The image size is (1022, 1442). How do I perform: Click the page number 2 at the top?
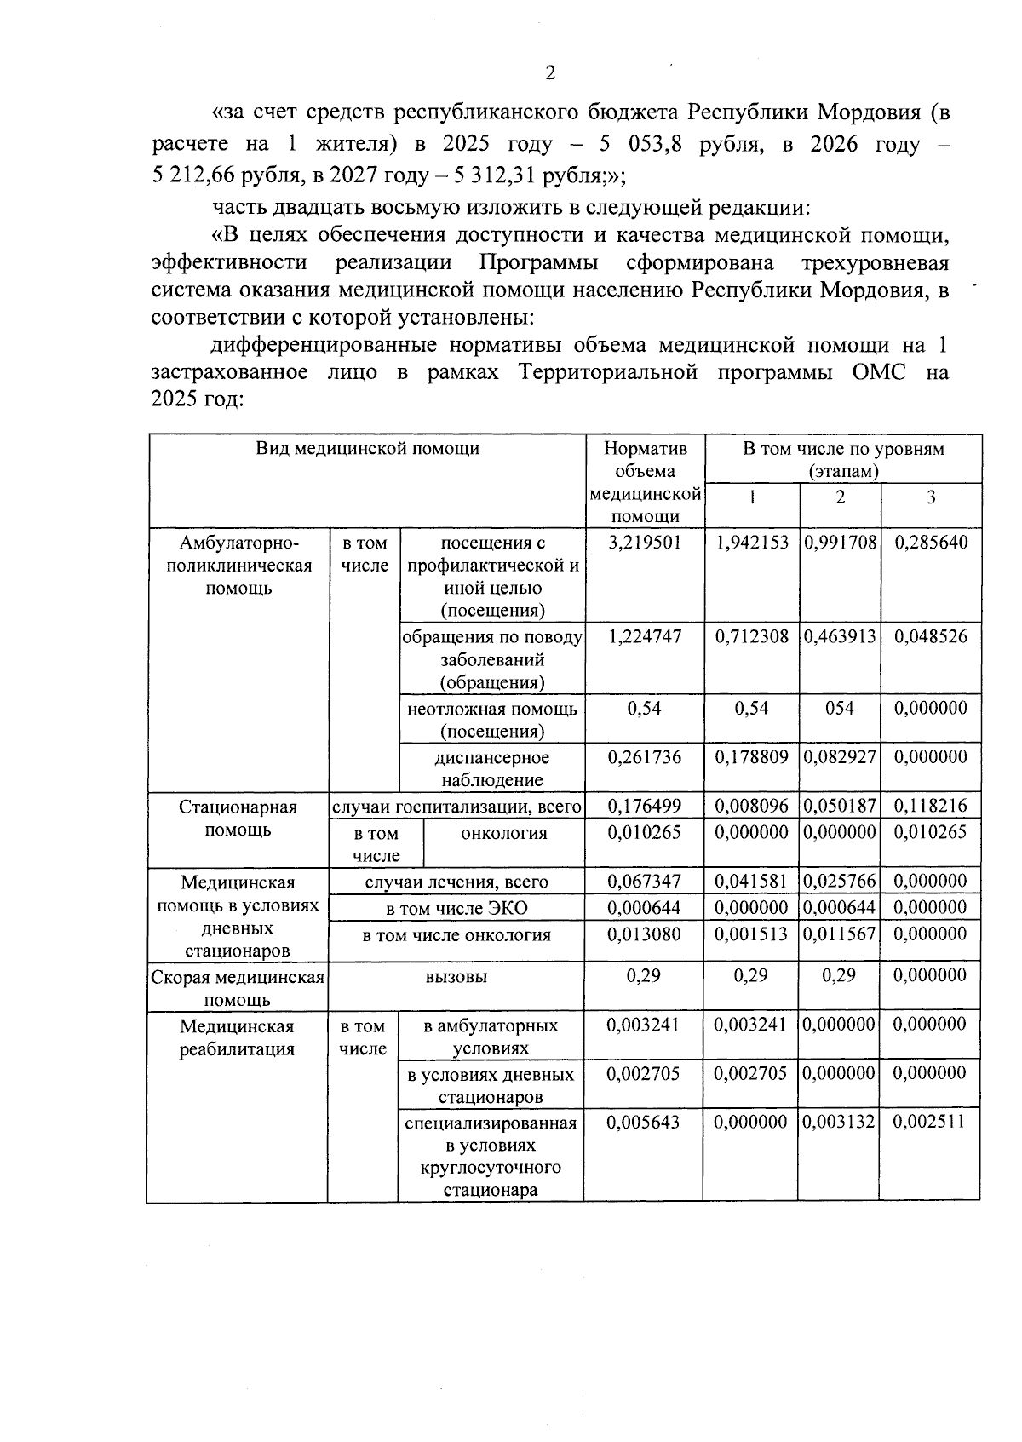point(550,73)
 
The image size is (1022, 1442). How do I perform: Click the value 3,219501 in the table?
point(644,543)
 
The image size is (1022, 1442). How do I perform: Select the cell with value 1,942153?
point(751,543)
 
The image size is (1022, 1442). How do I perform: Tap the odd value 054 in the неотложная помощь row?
point(839,708)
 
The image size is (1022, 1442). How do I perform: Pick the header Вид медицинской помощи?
point(367,449)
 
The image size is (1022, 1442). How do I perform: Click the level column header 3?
point(930,497)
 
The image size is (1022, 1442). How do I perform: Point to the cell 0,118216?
point(930,806)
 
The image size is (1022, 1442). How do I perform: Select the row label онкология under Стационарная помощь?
point(503,833)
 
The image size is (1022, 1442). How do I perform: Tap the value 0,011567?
point(839,934)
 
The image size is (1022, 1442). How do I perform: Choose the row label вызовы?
point(456,976)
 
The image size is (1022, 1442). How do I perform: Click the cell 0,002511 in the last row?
point(930,1122)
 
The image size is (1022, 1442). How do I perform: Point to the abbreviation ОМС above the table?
point(878,372)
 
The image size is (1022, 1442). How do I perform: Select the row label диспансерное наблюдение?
point(491,768)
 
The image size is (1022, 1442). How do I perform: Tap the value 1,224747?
point(644,636)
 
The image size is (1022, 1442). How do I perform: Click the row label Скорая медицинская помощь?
point(238,987)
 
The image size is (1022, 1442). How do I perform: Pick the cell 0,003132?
point(839,1122)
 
